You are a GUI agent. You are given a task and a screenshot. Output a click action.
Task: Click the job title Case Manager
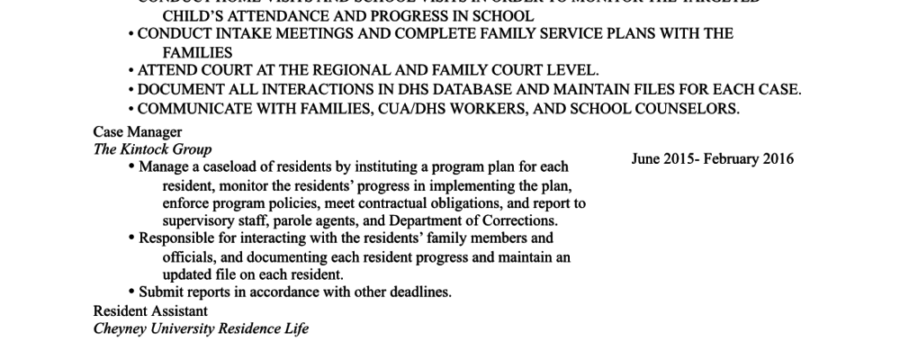[137, 132]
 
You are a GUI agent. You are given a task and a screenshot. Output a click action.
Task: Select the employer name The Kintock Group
[152, 149]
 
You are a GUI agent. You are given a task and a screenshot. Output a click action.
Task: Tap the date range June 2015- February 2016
[713, 159]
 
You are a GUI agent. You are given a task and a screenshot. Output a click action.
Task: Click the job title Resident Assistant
[150, 310]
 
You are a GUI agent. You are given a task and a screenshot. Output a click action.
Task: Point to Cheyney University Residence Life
[201, 328]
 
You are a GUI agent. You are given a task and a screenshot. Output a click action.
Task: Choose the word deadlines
[418, 292]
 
